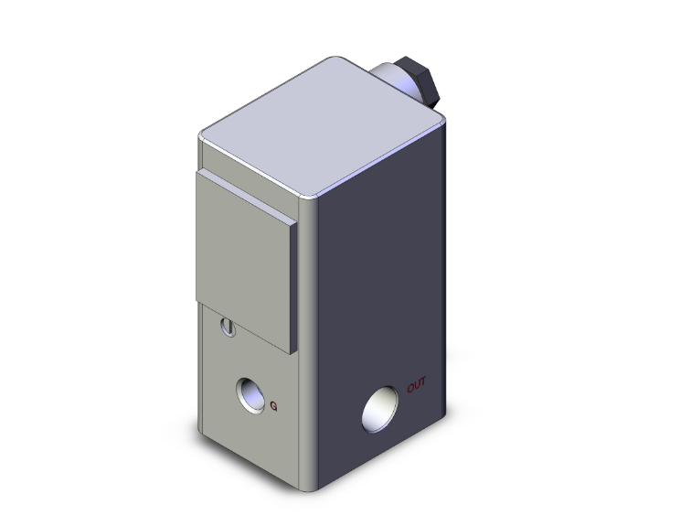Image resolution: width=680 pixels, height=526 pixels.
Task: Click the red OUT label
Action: [x=416, y=384]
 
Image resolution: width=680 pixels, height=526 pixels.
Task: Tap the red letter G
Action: [x=276, y=405]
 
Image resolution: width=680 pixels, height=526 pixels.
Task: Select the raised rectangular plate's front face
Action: [x=242, y=251]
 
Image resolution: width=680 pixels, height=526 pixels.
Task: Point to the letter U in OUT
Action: [x=416, y=384]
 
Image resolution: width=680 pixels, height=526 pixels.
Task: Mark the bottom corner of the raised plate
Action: [x=292, y=353]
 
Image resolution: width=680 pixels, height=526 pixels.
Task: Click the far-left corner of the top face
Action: [x=201, y=137]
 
